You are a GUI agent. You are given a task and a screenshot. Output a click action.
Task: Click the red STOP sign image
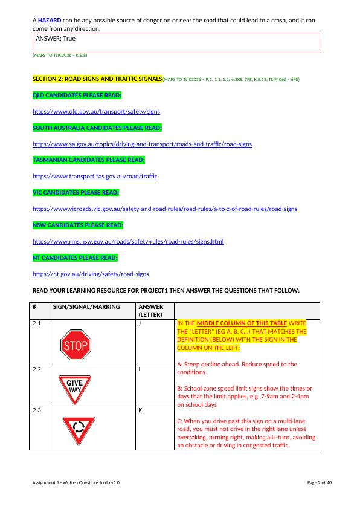point(75,345)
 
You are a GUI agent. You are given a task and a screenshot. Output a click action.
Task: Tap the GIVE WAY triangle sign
point(75,386)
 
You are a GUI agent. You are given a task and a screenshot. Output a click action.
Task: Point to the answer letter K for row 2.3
point(141,410)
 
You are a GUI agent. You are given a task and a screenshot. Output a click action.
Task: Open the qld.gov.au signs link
point(96,112)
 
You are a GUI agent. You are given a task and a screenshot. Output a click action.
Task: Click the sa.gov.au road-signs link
point(143,144)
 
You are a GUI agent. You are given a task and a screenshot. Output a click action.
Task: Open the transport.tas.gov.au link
point(95,176)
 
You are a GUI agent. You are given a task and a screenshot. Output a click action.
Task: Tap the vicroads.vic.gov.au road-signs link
point(165,209)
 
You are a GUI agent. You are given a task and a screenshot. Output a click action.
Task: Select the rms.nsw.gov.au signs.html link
point(128,241)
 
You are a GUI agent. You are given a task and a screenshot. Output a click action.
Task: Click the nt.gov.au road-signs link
point(91,274)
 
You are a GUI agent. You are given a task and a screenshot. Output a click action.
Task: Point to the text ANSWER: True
point(56,38)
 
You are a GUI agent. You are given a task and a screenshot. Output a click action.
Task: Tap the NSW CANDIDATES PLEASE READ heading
point(78,225)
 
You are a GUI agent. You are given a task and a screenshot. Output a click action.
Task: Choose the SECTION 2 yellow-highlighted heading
point(97,79)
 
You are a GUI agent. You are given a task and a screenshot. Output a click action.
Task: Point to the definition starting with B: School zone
point(245,396)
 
